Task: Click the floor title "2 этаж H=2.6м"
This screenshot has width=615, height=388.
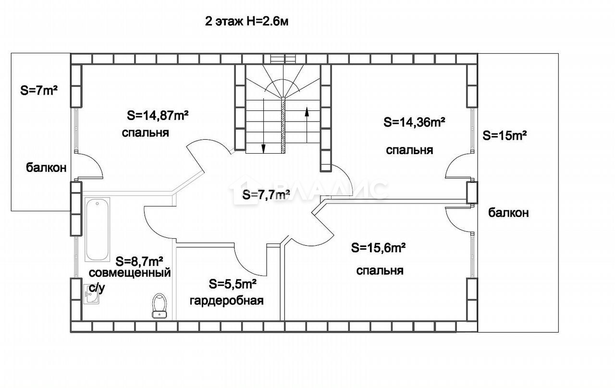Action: click(x=246, y=22)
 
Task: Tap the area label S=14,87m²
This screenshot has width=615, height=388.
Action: click(x=158, y=116)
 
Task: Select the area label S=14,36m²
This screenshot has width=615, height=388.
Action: click(x=414, y=122)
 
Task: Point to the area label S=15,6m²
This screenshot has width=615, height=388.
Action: click(x=378, y=248)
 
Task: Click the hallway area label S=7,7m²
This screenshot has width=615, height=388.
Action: click(x=266, y=195)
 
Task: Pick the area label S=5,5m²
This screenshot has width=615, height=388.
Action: click(x=233, y=284)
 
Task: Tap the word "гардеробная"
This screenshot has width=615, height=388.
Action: click(x=226, y=301)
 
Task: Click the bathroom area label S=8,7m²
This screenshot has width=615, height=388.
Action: click(x=139, y=262)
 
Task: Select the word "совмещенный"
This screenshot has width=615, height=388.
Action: click(x=130, y=273)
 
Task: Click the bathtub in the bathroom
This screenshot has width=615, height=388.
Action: click(x=97, y=230)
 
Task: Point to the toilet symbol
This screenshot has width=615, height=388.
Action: click(x=160, y=306)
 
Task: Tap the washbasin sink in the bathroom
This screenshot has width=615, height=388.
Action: click(x=91, y=294)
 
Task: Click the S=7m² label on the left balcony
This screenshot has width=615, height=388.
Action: click(x=39, y=91)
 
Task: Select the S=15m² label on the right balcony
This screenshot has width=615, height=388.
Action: click(x=504, y=135)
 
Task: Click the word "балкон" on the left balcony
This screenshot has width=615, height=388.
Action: click(x=46, y=168)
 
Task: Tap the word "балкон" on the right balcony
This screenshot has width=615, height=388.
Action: click(x=508, y=213)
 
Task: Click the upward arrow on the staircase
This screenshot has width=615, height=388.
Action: click(x=307, y=124)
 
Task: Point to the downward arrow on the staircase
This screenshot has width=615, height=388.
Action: click(x=263, y=126)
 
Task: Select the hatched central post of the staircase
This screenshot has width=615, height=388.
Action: click(x=283, y=125)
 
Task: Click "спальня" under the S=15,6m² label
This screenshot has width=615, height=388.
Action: click(x=380, y=271)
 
